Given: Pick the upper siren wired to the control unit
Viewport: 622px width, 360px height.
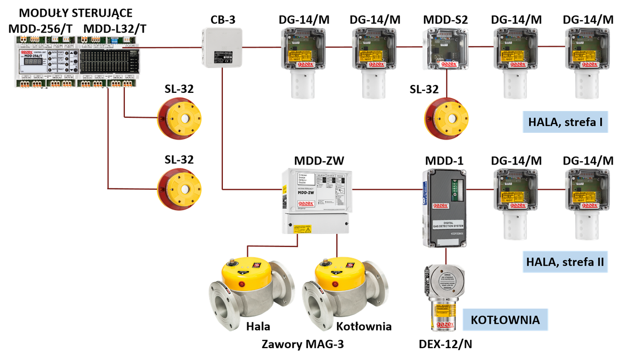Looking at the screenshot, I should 179,119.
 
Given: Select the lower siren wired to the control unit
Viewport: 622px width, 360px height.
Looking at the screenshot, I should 179,187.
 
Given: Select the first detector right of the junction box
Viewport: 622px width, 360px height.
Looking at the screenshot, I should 303,62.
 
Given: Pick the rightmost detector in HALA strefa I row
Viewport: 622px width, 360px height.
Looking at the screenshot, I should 587,62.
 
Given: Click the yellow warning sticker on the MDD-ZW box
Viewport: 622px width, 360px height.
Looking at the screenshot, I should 302,228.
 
